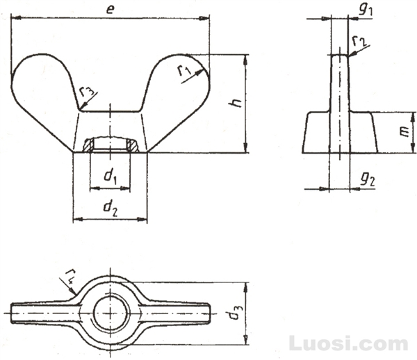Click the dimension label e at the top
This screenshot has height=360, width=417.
pos(110,10)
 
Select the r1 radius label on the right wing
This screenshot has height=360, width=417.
pos(184,70)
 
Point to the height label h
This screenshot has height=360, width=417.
pos(236,102)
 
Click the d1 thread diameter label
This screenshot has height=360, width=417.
pos(110,177)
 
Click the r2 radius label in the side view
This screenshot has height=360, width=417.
pos(359,41)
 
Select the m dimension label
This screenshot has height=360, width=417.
pos(405,131)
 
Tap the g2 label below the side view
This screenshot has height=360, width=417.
pos(368,179)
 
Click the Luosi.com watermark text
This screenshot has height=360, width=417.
pos(348,343)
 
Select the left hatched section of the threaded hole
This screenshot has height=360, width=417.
pos(88,145)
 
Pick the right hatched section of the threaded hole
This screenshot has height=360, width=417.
pos(132,145)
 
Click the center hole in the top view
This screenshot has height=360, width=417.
pos(111,313)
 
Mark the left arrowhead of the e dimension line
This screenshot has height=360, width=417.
pos(16,18)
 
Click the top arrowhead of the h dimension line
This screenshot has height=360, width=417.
pos(246,60)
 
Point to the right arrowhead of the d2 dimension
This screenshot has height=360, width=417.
pos(142,220)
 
